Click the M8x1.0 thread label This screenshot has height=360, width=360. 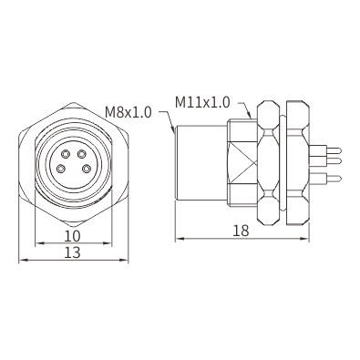pyautogui.click(x=129, y=112)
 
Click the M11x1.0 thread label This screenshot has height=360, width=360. pyautogui.click(x=202, y=102)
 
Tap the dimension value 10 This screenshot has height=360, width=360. pyautogui.click(x=72, y=236)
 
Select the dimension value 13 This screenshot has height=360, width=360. pyautogui.click(x=73, y=252)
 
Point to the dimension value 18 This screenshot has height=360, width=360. pyautogui.click(x=241, y=231)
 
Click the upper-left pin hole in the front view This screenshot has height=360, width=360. pyautogui.click(x=66, y=155)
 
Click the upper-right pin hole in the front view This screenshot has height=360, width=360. pyautogui.click(x=81, y=155)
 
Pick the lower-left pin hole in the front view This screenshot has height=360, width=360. pyautogui.click(x=62, y=168)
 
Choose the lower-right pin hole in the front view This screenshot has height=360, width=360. pyautogui.click(x=87, y=168)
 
